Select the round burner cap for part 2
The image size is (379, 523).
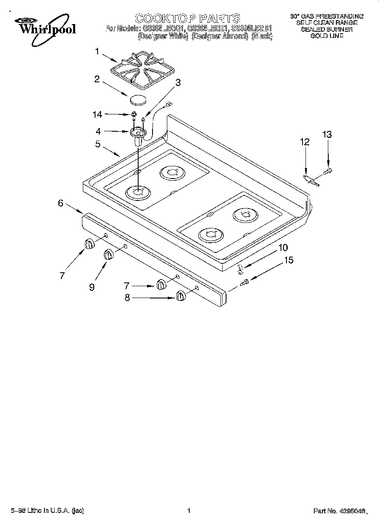pos(138,100)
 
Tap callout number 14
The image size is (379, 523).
pos(98,114)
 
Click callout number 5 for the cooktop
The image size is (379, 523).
pos(98,144)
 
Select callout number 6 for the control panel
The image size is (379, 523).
pos(61,203)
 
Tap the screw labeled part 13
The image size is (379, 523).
pos(328,171)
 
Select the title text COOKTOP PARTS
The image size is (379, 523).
pos(187,18)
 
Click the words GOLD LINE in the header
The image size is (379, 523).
pos(327,36)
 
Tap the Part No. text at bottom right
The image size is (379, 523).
pos(338,511)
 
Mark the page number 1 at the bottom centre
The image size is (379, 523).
pos(189,511)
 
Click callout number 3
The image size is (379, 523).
pos(178,83)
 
